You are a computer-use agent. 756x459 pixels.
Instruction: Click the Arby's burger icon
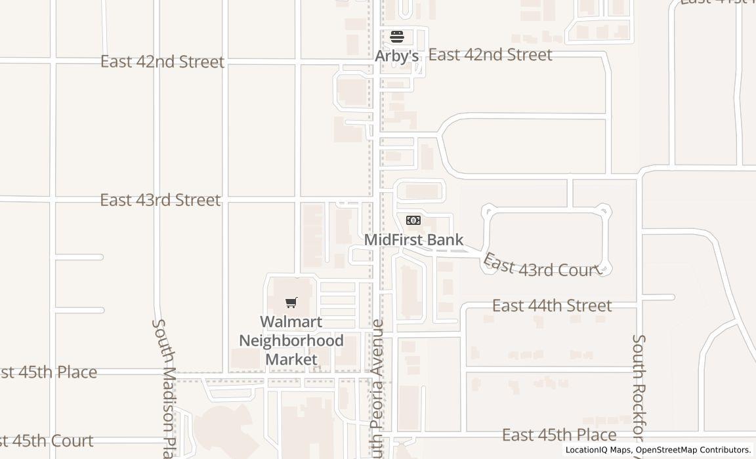[x=396, y=36]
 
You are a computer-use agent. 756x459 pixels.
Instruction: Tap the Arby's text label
[x=396, y=56]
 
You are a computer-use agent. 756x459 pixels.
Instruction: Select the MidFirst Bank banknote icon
[x=413, y=220]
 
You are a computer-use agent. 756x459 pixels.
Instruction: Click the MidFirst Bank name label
[x=413, y=240]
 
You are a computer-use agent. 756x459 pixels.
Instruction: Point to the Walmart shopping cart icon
[x=291, y=302]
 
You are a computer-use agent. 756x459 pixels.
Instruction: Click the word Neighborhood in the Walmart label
[x=291, y=341]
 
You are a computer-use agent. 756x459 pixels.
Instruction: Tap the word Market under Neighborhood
[x=291, y=359]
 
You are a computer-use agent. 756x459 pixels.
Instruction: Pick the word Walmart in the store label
[x=291, y=322]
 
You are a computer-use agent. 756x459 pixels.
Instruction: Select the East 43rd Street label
[x=160, y=200]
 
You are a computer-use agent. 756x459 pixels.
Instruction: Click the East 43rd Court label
[x=542, y=266]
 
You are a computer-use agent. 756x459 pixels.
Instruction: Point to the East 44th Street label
[x=552, y=306]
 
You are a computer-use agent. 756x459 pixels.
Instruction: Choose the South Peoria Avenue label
[x=377, y=387]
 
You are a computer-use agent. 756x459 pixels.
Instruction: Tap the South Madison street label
[x=164, y=387]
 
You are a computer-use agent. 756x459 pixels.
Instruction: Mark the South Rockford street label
[x=639, y=393]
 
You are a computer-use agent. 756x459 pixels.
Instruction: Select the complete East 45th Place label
[x=559, y=435]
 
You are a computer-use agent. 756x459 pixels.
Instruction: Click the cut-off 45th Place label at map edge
[x=49, y=372]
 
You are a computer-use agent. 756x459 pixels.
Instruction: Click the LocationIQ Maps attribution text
[x=598, y=450]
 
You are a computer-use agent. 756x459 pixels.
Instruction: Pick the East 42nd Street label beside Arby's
[x=490, y=55]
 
